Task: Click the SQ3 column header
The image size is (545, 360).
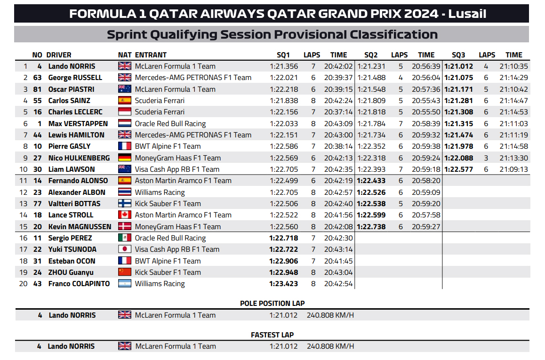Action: click(x=458, y=55)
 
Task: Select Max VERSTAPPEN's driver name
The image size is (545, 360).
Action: click(x=78, y=124)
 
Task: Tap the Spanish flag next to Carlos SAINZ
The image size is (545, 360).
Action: click(x=125, y=101)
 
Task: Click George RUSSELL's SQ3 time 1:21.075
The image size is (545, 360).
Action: click(x=458, y=78)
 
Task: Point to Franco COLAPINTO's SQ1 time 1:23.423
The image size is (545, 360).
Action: click(x=283, y=284)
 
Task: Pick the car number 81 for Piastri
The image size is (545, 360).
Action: click(x=38, y=89)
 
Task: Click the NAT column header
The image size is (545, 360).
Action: click(x=124, y=55)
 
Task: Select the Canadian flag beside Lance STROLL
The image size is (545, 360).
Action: click(x=125, y=215)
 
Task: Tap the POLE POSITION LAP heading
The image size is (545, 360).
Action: click(x=272, y=304)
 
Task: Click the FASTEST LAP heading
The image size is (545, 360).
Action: click(x=272, y=335)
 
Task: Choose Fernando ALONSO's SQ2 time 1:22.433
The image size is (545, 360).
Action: click(x=371, y=181)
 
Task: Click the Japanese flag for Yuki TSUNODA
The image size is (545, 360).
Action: click(x=125, y=249)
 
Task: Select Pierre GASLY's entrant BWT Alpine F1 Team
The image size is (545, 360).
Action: click(x=168, y=146)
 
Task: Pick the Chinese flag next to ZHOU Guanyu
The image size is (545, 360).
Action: click(x=125, y=272)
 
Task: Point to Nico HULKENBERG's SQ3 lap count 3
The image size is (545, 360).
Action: click(x=486, y=158)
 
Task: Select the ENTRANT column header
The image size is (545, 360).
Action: click(x=151, y=55)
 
